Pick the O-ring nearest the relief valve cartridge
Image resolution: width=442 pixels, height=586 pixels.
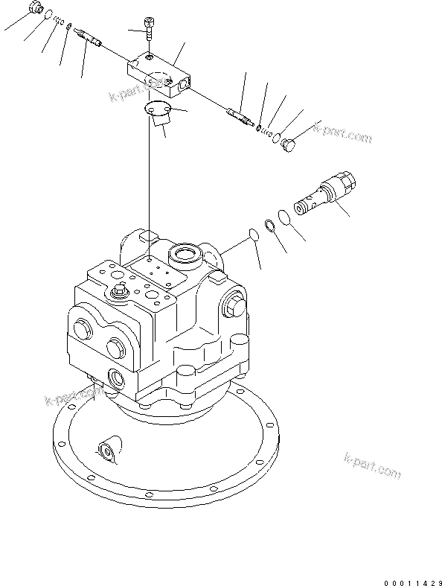click(284, 217)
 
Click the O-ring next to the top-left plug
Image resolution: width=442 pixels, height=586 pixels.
click(48, 15)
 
